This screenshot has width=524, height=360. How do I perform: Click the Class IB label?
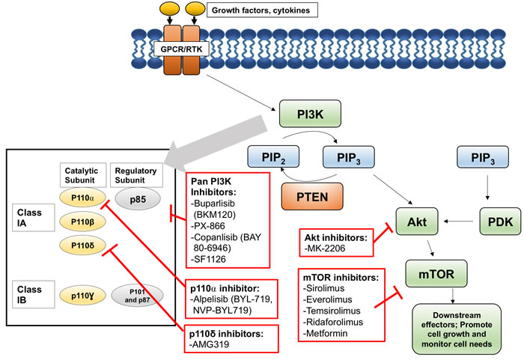[27, 292]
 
